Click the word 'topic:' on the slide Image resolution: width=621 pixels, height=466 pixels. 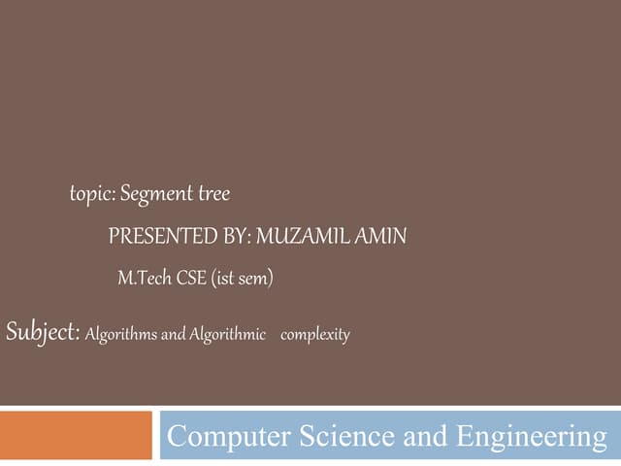click(x=93, y=195)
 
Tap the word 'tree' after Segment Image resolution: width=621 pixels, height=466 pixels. click(x=213, y=194)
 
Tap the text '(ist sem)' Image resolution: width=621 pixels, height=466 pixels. click(x=243, y=280)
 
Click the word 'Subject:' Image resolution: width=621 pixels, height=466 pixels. click(x=42, y=333)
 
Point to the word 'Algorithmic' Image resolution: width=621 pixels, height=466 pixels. click(x=227, y=335)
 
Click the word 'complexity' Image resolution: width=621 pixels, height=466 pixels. click(x=314, y=336)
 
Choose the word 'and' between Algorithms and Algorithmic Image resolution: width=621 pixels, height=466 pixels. click(x=173, y=335)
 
